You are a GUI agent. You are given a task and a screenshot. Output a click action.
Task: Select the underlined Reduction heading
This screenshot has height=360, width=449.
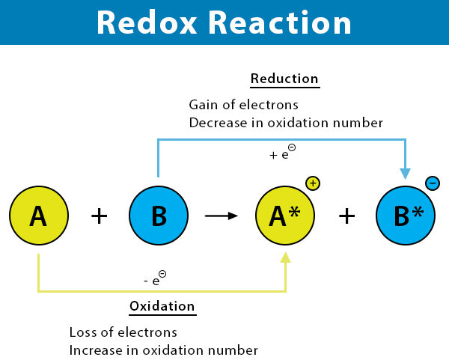coord(284,79)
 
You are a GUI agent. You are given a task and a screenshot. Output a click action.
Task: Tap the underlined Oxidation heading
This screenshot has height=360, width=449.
coord(162,306)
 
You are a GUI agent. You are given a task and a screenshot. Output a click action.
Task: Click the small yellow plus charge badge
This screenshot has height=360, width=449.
coord(312,183)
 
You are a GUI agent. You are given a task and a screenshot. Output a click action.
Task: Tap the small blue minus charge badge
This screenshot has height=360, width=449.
coord(433,183)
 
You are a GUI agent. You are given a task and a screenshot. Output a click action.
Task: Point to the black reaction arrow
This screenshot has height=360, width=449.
coord(221,216)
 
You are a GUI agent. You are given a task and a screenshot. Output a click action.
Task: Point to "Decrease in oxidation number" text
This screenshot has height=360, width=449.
coord(286,122)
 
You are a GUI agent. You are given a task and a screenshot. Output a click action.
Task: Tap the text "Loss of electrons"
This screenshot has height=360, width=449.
coord(123,332)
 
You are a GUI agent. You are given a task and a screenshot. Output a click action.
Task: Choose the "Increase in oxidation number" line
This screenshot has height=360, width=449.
coord(164,350)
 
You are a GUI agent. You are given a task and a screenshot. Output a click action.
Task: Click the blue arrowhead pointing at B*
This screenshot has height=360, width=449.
coord(405,174)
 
